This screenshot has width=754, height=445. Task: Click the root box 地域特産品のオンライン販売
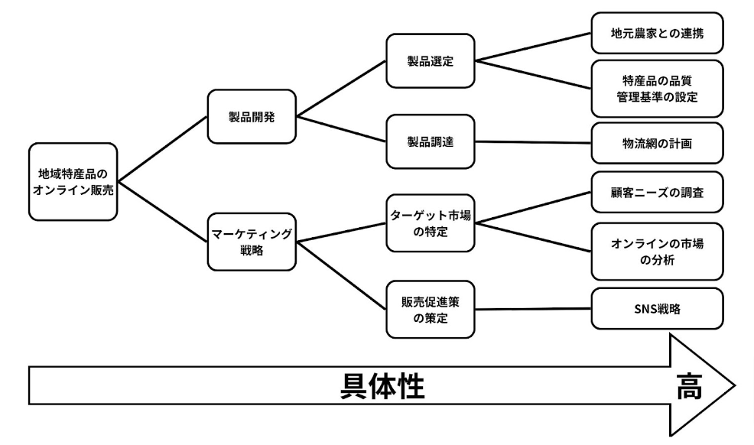pyautogui.click(x=73, y=181)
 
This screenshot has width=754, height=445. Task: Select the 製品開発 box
pyautogui.click(x=252, y=116)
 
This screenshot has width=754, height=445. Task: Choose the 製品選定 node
pyautogui.click(x=431, y=60)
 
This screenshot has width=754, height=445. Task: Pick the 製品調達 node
pyautogui.click(x=431, y=141)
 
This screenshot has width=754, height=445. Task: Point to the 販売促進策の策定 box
pyautogui.click(x=431, y=308)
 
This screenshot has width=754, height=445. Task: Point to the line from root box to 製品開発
pyautogui.click(x=163, y=149)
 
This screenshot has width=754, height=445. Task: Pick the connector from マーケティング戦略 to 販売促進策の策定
pyautogui.click(x=341, y=277)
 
